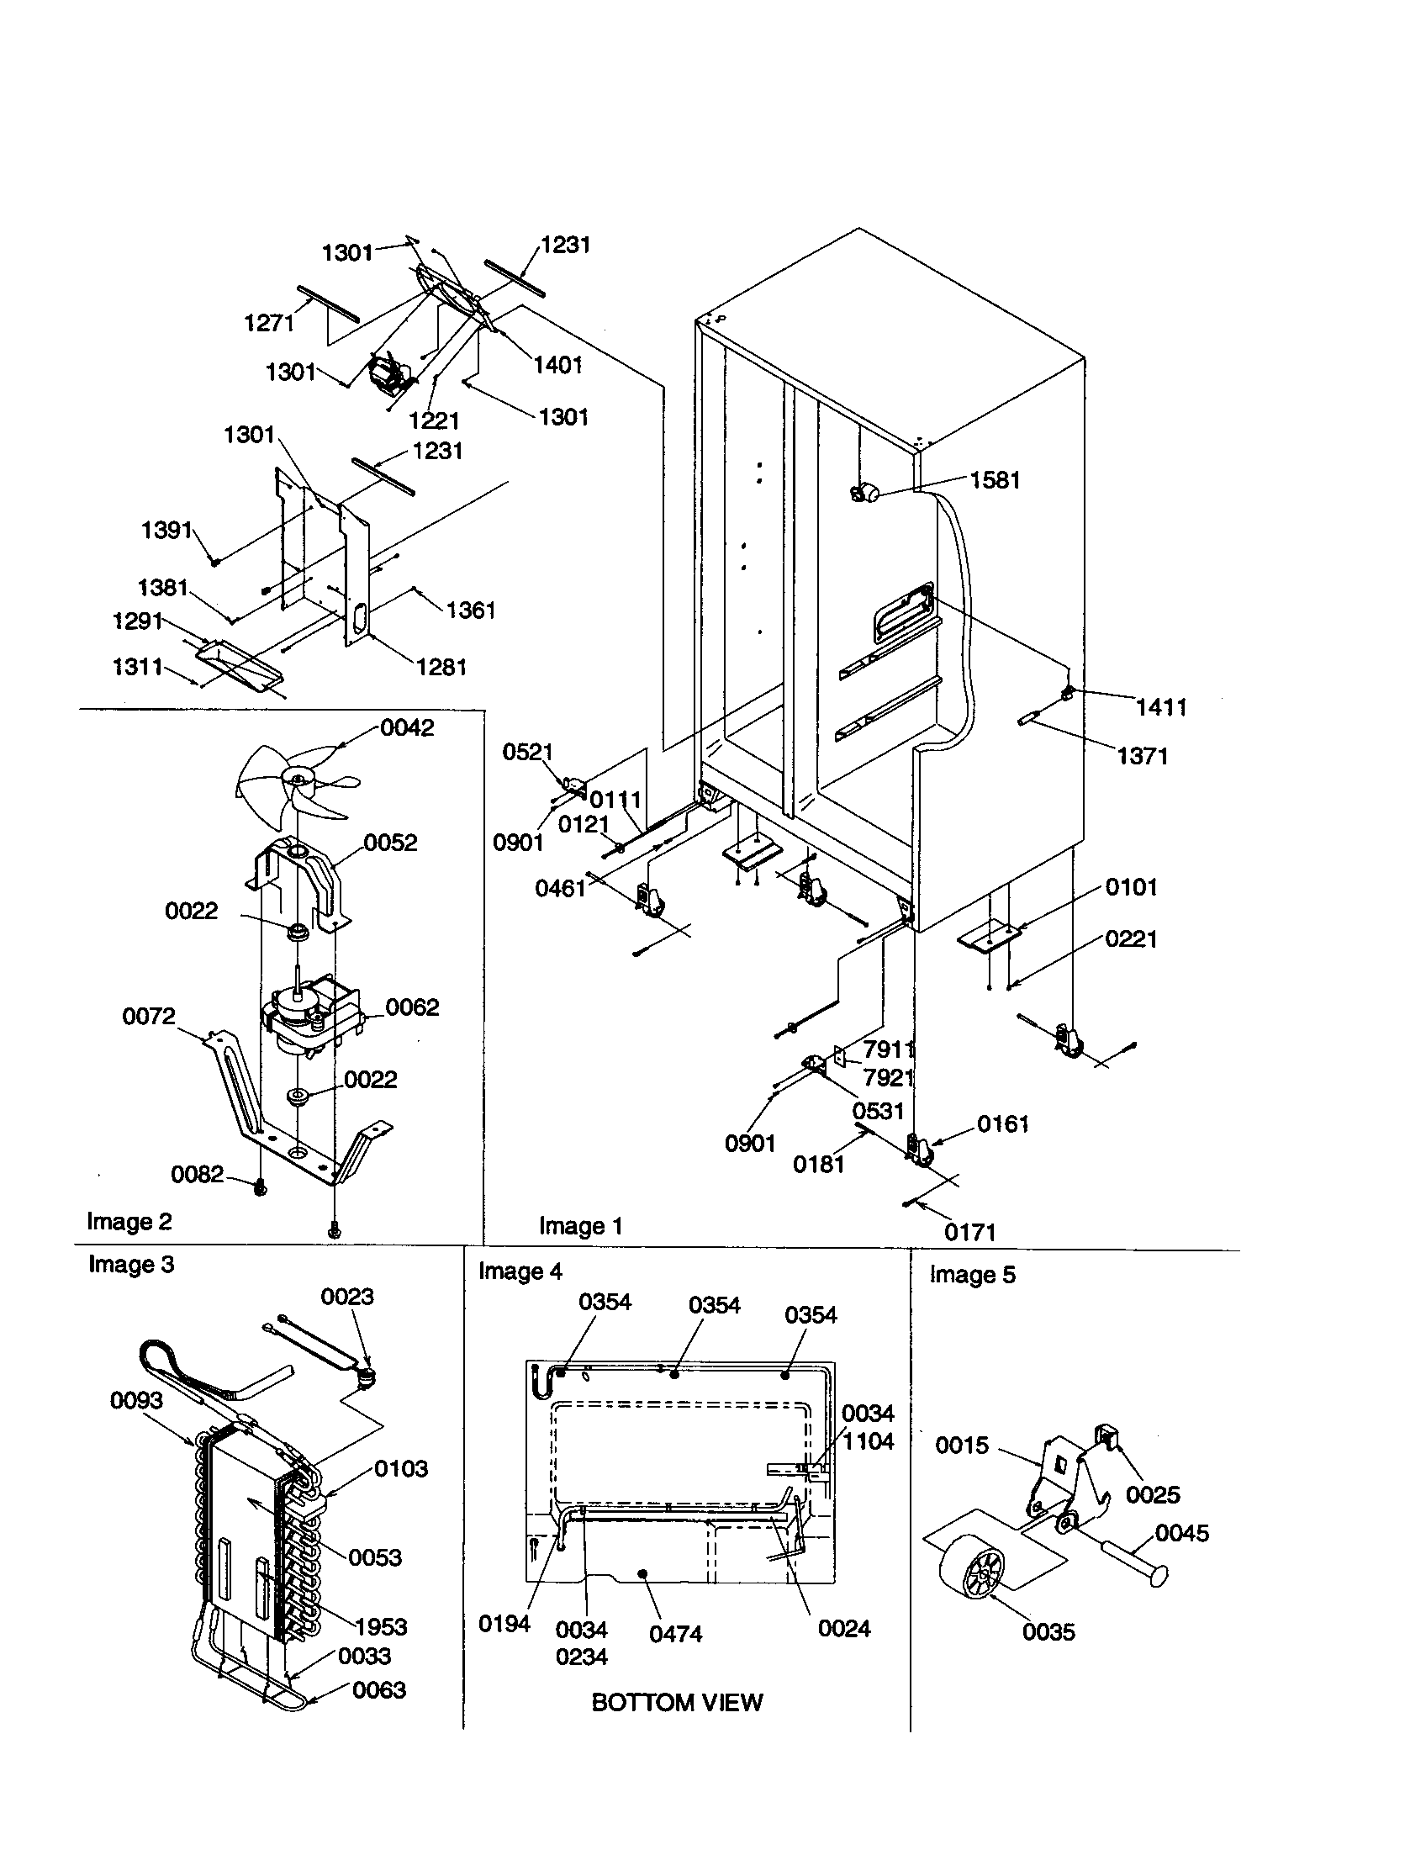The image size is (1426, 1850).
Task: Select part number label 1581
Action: click(995, 480)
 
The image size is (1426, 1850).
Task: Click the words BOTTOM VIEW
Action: click(677, 1703)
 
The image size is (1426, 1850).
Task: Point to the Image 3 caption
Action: click(131, 1265)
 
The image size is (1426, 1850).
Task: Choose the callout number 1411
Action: click(1161, 707)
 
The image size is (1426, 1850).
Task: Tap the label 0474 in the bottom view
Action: click(676, 1634)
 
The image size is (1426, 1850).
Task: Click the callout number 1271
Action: click(269, 323)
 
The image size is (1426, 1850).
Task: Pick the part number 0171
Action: click(970, 1233)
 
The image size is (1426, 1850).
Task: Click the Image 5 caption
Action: click(972, 1275)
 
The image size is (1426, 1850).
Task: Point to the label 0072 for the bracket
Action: click(149, 1016)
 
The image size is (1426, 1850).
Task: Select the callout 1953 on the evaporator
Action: click(381, 1627)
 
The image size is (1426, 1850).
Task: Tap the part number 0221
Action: click(1131, 938)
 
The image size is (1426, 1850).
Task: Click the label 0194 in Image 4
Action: click(504, 1624)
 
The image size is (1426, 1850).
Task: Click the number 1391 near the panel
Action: click(166, 531)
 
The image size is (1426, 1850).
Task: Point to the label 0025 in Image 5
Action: click(1153, 1495)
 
